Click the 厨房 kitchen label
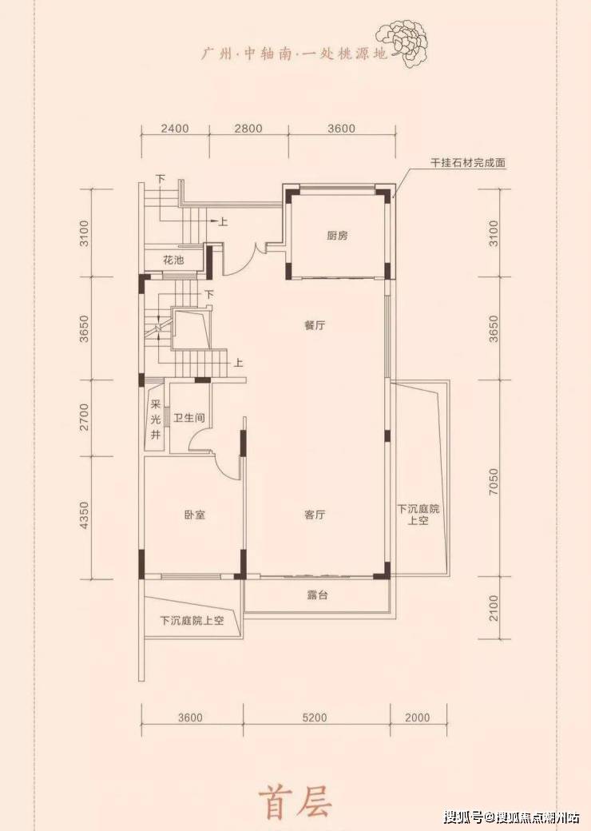(337, 236)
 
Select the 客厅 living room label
(315, 515)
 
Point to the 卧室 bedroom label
(195, 515)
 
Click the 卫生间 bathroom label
(189, 418)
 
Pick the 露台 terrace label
(317, 594)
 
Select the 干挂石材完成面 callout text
(468, 163)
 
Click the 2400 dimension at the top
(175, 129)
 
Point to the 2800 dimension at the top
(248, 129)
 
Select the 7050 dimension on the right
(494, 481)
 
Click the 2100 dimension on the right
(494, 608)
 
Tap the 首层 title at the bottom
(295, 802)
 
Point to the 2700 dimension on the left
(85, 417)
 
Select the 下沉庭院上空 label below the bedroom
(192, 621)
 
